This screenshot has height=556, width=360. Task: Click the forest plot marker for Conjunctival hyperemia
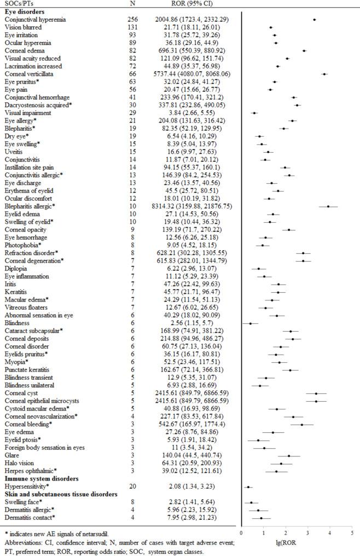coord(314,19)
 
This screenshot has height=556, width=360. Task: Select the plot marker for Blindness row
coord(251,323)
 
